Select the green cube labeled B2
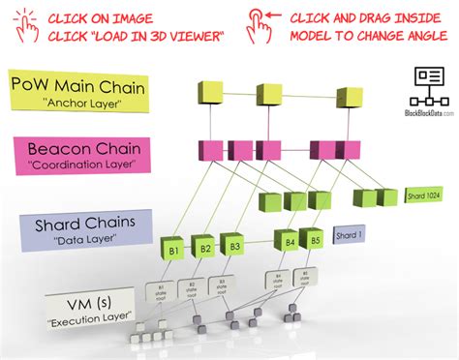tap(205, 249)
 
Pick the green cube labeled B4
tap(289, 241)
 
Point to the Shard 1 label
tap(350, 235)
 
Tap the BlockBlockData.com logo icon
tap(426, 84)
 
